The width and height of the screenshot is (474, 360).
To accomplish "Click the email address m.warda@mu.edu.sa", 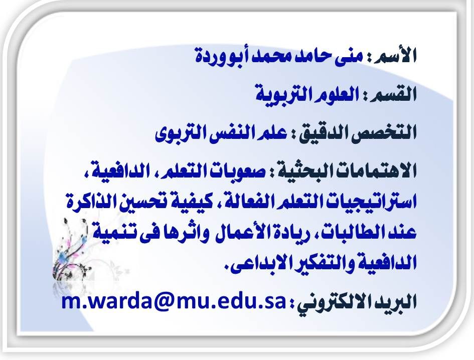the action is [174, 302].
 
